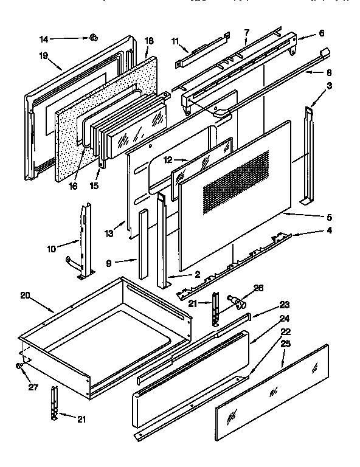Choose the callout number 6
pyautogui.click(x=322, y=33)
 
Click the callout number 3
pyautogui.click(x=329, y=87)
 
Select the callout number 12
pyautogui.click(x=167, y=159)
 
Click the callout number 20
pyautogui.click(x=25, y=296)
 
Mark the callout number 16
pyautogui.click(x=73, y=186)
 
